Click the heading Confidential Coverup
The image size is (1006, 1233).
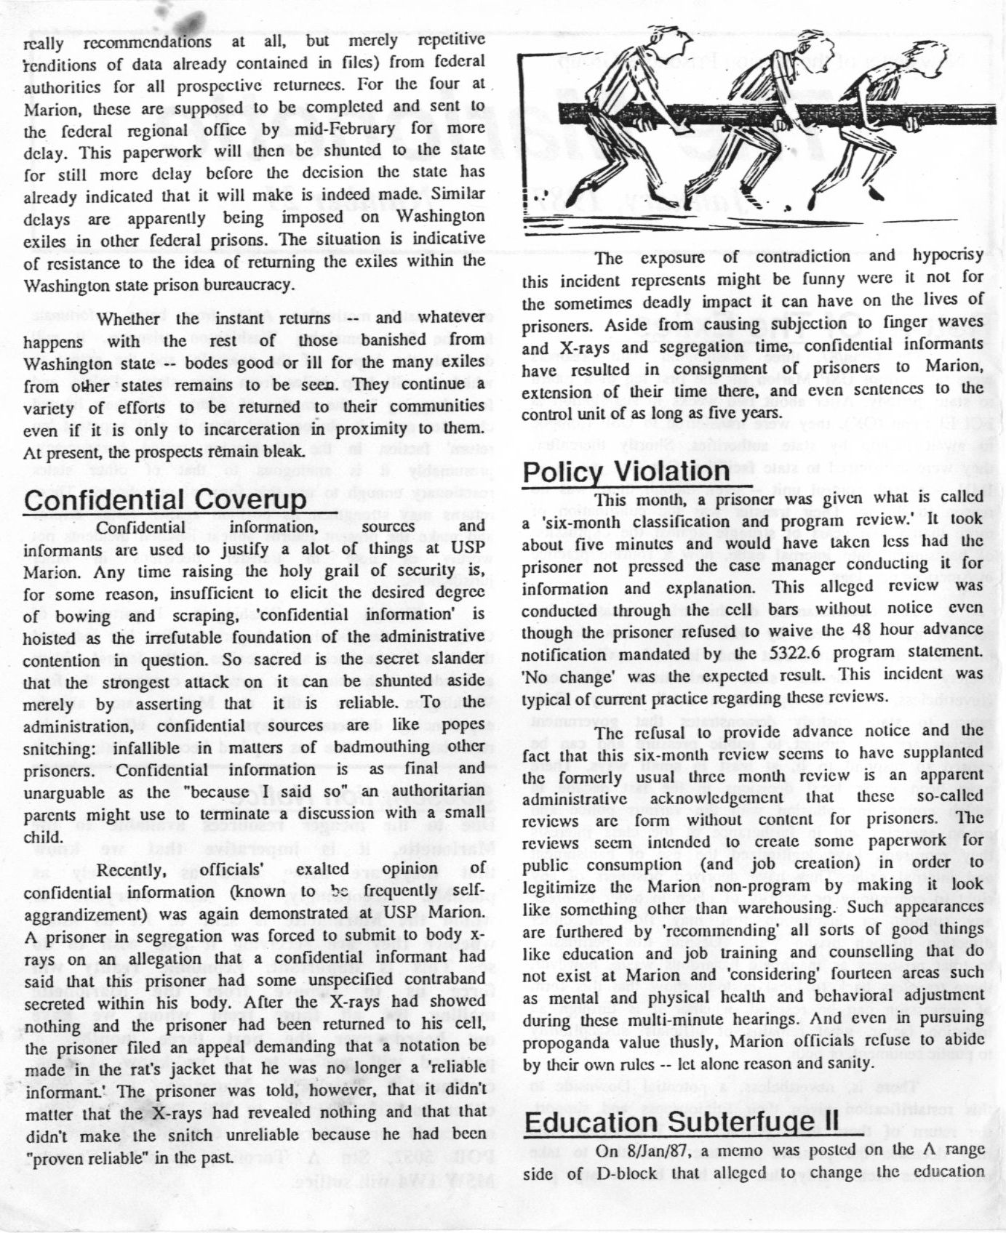click(165, 500)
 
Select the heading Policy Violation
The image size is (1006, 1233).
click(626, 473)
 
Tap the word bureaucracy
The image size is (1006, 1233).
click(252, 284)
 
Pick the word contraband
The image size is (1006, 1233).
click(442, 980)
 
